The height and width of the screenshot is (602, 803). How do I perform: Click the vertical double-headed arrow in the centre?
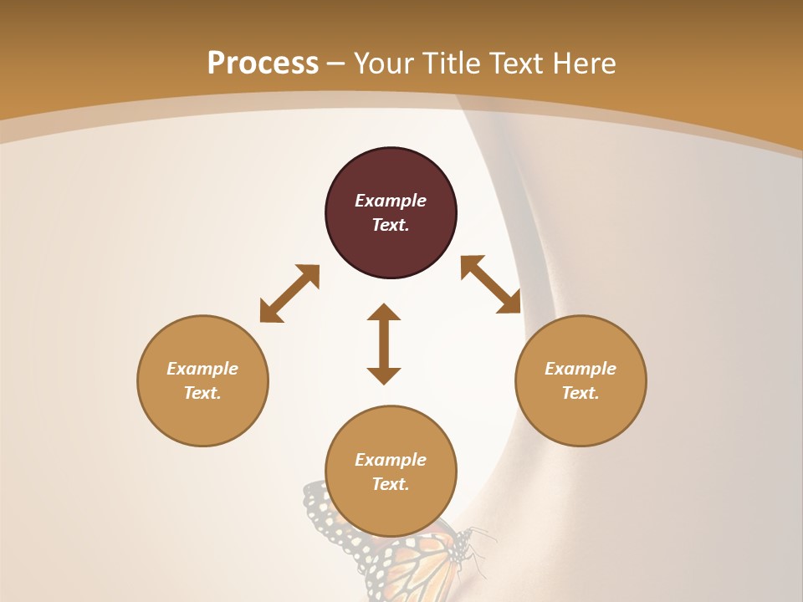click(384, 344)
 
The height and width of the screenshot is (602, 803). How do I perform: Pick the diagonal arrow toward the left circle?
click(289, 293)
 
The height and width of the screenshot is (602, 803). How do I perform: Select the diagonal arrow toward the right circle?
click(491, 284)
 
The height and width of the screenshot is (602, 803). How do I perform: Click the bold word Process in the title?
click(263, 63)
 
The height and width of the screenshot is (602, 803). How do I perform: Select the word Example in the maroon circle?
click(391, 201)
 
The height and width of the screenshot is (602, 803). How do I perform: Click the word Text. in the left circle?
click(202, 393)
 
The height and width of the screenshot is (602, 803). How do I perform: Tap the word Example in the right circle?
click(581, 369)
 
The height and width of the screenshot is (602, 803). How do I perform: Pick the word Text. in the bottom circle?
click(391, 484)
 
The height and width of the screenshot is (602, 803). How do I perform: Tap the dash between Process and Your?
click(336, 64)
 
